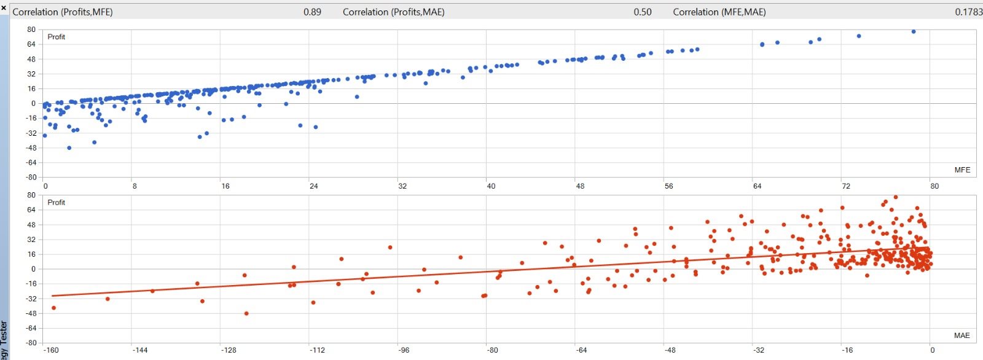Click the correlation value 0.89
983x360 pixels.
click(312, 12)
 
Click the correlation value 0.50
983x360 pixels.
click(643, 12)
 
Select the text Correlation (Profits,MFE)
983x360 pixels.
click(63, 12)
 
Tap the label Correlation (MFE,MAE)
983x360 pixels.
click(719, 12)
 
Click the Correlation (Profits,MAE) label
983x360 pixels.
click(393, 12)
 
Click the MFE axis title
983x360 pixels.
click(962, 170)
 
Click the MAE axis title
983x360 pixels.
click(962, 335)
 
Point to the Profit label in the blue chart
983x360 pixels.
click(57, 37)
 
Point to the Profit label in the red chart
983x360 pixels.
click(57, 202)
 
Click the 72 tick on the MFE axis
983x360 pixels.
click(846, 186)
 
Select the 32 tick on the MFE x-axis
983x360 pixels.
click(402, 186)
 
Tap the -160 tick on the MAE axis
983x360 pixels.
click(51, 350)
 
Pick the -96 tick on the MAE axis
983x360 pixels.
click(404, 350)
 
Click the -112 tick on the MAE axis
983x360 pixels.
click(317, 350)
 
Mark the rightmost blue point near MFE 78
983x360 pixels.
click(914, 31)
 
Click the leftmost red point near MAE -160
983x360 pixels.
click(53, 308)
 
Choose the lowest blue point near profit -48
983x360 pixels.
click(69, 148)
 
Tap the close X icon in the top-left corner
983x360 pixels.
click(4, 7)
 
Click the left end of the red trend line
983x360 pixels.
click(53, 296)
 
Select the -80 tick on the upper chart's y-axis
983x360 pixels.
click(31, 178)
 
